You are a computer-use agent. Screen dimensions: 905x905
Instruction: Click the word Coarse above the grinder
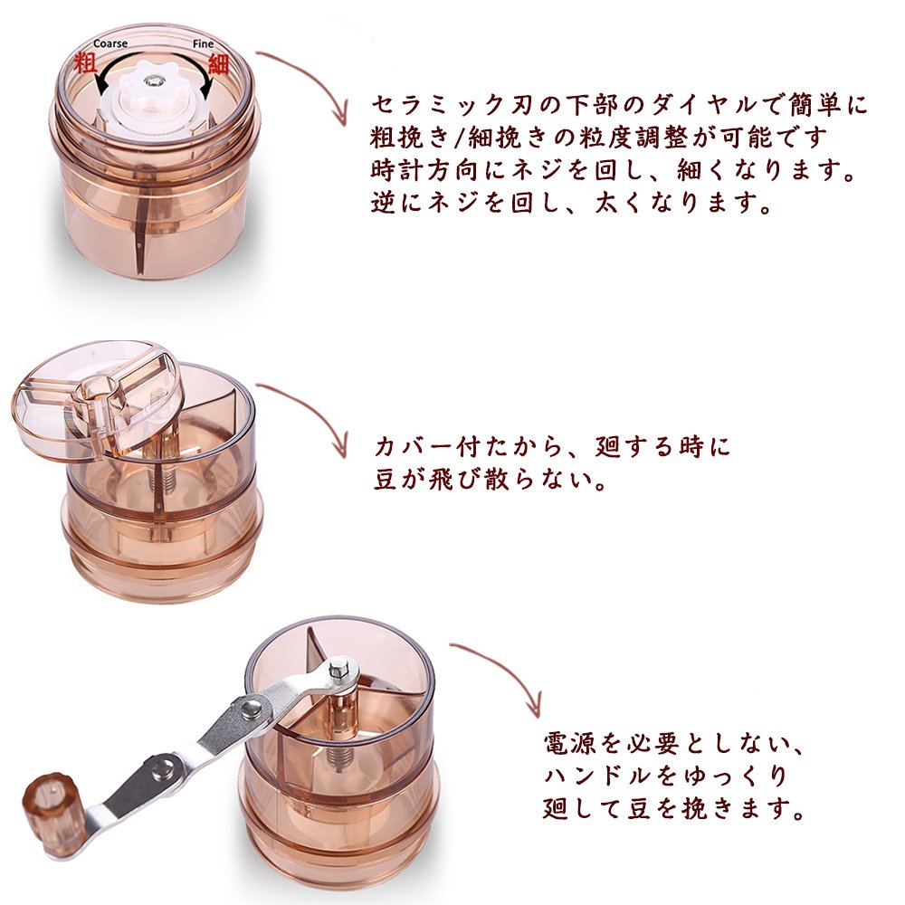[x=110, y=43]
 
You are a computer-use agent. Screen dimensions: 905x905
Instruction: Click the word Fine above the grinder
[x=203, y=43]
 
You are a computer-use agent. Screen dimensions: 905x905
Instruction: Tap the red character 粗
[x=85, y=62]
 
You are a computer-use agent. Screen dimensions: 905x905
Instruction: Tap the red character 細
[x=219, y=63]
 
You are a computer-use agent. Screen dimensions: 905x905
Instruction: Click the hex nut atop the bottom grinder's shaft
[x=337, y=670]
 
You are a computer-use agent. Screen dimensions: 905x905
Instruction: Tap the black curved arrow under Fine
[x=202, y=76]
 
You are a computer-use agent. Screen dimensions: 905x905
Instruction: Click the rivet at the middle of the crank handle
[x=251, y=709]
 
